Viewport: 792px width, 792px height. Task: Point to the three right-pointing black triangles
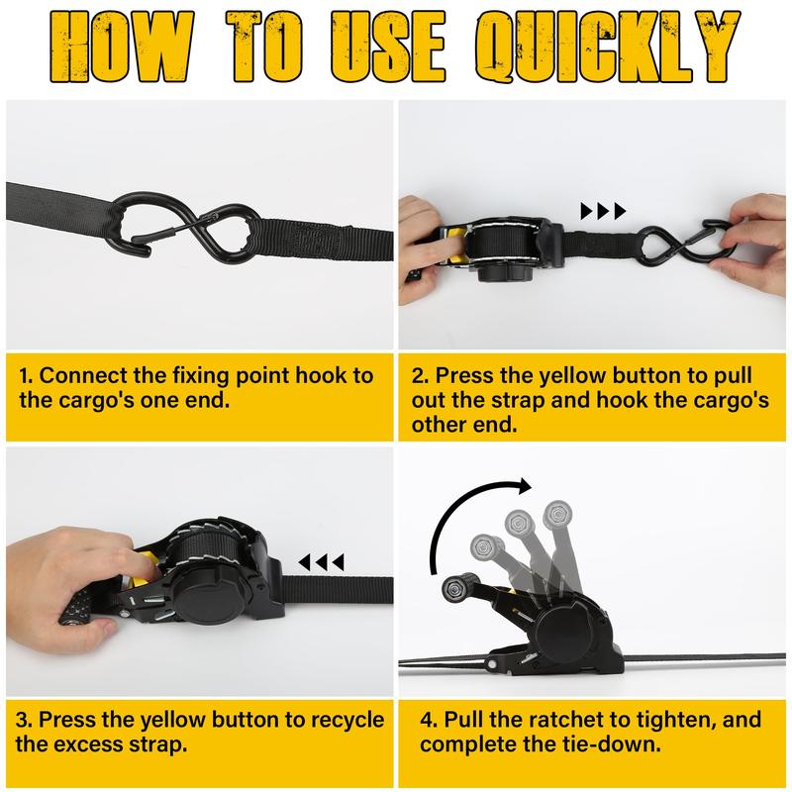coord(603,211)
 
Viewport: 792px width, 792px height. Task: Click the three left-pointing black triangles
coord(322,562)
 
